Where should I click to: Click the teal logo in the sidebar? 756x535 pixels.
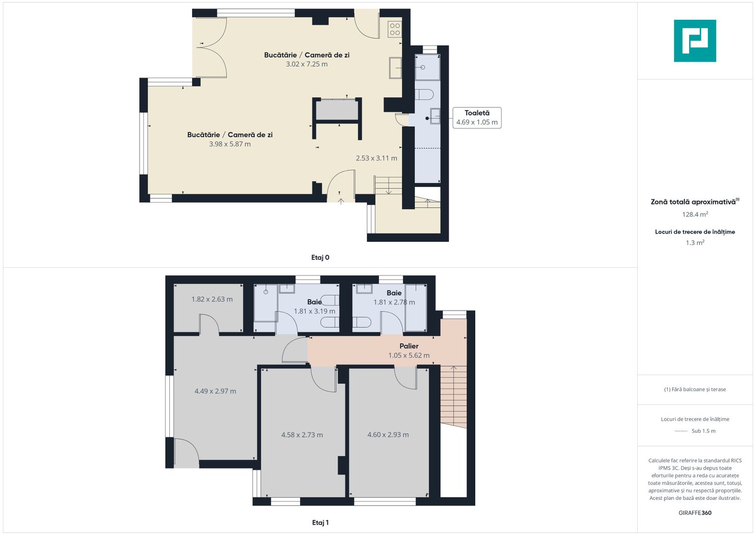[695, 41]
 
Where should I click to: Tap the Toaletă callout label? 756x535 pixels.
[477, 113]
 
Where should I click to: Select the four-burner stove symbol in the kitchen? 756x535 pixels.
[395, 29]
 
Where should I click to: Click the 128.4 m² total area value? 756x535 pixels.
[695, 214]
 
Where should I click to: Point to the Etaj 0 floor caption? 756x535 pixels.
[320, 258]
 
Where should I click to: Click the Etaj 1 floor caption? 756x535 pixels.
[320, 523]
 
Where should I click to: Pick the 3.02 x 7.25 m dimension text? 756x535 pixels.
[306, 64]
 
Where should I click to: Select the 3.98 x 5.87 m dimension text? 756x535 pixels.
[230, 144]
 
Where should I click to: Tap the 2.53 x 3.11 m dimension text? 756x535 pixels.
[376, 159]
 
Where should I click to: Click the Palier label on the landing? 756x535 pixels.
[409, 346]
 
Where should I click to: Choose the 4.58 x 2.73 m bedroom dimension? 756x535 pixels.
[302, 435]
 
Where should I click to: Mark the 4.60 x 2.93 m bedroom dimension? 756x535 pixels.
[388, 435]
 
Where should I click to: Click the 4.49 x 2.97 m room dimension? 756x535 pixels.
[215, 391]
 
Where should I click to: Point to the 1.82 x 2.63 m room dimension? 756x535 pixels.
[212, 299]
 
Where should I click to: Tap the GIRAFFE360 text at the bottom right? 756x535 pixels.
[695, 513]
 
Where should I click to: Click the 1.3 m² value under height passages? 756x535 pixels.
[695, 243]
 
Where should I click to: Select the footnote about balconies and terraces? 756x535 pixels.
[695, 389]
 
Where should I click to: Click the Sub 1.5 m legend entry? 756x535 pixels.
[703, 431]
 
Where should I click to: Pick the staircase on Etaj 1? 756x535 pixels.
[454, 396]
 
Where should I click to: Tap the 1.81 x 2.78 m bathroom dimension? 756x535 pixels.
[394, 302]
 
